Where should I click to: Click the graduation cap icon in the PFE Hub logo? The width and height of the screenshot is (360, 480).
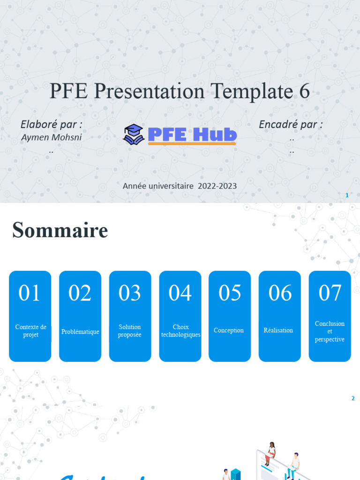(x=134, y=134)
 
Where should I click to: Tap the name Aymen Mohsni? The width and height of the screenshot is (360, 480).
(x=52, y=137)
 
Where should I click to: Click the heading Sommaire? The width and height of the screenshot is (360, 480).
(x=60, y=230)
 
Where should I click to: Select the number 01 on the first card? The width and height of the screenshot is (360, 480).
(x=30, y=293)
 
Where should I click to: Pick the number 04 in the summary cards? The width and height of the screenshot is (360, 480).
(x=180, y=293)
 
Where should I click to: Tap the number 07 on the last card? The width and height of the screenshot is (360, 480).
(x=330, y=293)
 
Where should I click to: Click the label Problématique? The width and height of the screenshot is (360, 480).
(x=80, y=332)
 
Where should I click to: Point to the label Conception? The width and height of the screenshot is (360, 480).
(x=229, y=330)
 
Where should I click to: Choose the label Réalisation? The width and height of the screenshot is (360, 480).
(x=278, y=330)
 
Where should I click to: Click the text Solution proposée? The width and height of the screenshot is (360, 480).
(x=130, y=331)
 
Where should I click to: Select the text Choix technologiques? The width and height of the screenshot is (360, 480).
(x=180, y=331)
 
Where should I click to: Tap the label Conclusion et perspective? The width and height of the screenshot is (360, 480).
(x=330, y=331)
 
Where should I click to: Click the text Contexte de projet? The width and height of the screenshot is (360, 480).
(x=30, y=331)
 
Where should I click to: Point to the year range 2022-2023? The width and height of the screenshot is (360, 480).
(x=217, y=186)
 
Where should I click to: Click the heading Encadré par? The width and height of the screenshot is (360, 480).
(x=291, y=124)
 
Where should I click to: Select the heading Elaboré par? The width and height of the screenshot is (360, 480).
(x=52, y=124)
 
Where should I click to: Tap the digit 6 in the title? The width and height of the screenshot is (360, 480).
(x=304, y=91)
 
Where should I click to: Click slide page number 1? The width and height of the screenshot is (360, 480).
(x=347, y=195)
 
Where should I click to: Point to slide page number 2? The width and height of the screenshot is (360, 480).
(x=353, y=398)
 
